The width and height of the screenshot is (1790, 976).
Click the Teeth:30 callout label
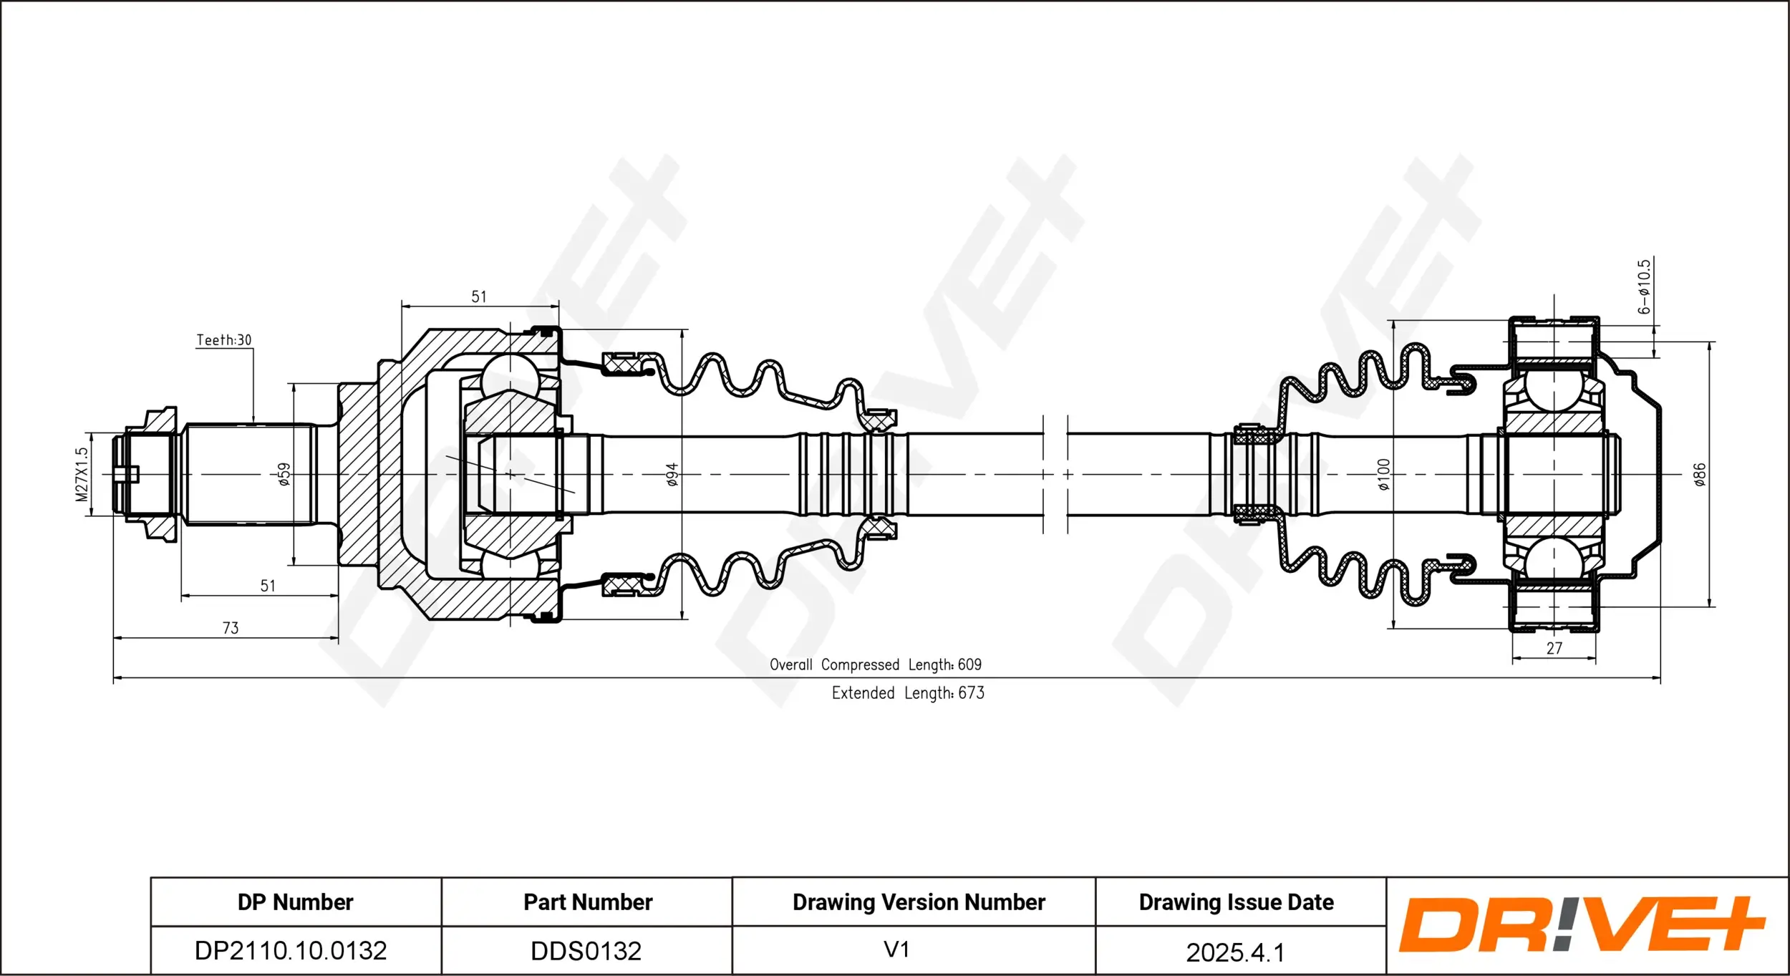click(224, 340)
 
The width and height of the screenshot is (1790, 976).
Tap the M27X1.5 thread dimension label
click(82, 474)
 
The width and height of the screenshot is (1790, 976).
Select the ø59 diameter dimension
click(284, 474)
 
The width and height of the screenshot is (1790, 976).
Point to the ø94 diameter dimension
click(672, 474)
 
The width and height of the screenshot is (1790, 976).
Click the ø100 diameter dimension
click(1383, 474)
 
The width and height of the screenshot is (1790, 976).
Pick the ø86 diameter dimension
click(1699, 474)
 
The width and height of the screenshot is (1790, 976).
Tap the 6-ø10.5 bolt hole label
click(1644, 287)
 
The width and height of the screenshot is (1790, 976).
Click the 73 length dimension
click(231, 628)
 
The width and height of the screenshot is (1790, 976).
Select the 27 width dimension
click(1554, 648)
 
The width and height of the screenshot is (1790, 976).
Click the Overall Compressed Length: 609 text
click(875, 665)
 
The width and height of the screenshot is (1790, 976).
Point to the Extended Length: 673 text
click(907, 693)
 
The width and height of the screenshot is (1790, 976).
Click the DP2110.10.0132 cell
click(291, 951)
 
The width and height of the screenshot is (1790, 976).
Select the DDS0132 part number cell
click(586, 951)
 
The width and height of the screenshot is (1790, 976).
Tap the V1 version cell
click(896, 950)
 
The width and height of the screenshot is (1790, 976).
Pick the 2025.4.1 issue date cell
click(1235, 952)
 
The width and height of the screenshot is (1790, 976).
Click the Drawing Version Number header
click(919, 902)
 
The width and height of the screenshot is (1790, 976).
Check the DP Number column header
click(295, 902)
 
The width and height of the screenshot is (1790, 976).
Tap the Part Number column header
click(588, 902)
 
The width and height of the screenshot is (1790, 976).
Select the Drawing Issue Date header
click(1236, 902)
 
